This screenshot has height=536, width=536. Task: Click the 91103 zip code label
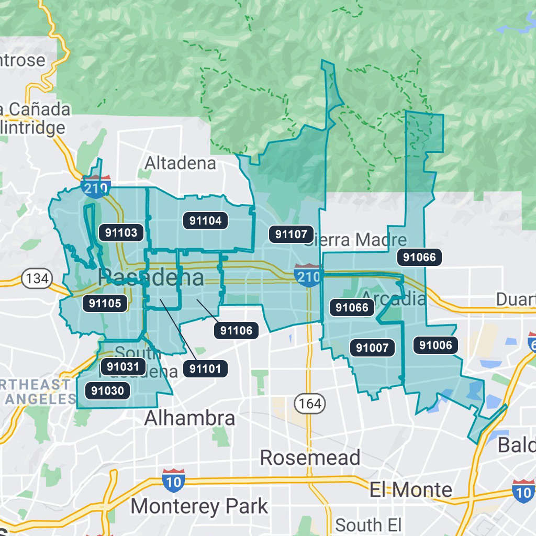click(121, 232)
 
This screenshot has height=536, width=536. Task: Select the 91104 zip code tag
click(206, 220)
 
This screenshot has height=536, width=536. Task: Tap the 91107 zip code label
click(292, 234)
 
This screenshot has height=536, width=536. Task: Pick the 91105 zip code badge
click(105, 303)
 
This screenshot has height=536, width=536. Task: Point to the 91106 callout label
click(237, 330)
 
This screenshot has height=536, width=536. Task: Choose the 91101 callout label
click(205, 368)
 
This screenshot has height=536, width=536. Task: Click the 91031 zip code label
click(123, 366)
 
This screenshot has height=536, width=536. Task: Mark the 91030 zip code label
click(107, 390)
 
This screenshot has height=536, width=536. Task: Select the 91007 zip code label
click(372, 347)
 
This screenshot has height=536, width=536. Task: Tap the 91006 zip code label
click(435, 344)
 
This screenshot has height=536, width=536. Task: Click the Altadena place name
click(180, 163)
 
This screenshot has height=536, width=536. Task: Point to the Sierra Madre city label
click(356, 240)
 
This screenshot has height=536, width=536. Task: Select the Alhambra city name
click(189, 418)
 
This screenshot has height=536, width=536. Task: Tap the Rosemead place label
click(310, 457)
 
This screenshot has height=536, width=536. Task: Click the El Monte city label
click(410, 490)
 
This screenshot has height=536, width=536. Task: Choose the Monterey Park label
click(199, 506)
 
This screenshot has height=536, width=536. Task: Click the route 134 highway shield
click(37, 278)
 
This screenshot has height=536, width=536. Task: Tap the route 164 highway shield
click(310, 404)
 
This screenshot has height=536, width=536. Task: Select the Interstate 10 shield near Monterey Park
click(173, 481)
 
